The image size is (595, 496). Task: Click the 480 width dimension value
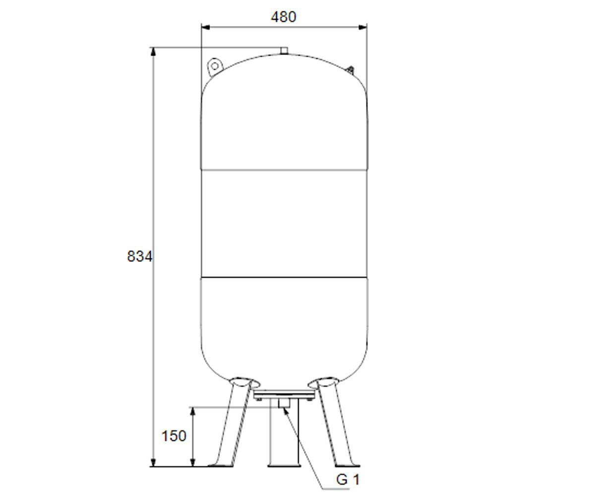pyautogui.click(x=284, y=17)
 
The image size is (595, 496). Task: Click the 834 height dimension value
pyautogui.click(x=140, y=256)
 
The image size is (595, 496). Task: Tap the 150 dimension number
pyautogui.click(x=174, y=436)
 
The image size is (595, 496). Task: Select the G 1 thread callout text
pyautogui.click(x=348, y=479)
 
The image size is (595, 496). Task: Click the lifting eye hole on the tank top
pyautogui.click(x=215, y=66)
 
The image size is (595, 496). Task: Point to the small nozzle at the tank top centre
pyautogui.click(x=284, y=51)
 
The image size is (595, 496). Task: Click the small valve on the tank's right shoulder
pyautogui.click(x=351, y=70)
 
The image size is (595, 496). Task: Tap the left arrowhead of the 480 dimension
pyautogui.click(x=205, y=27)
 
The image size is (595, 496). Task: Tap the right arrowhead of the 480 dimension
pyautogui.click(x=362, y=27)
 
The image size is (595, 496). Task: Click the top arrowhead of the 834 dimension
pyautogui.click(x=153, y=52)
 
